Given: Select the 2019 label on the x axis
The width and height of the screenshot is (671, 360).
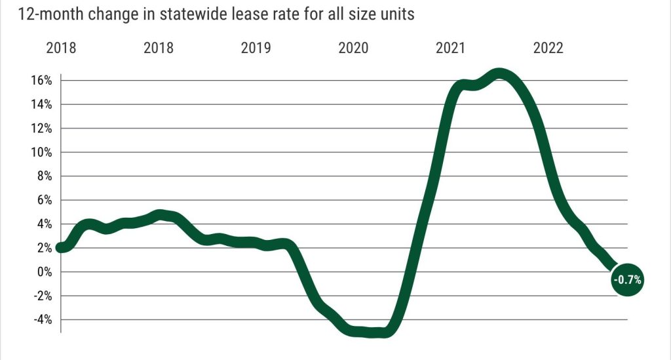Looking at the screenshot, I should click(256, 48).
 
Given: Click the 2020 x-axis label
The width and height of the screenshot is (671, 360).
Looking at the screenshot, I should click(354, 48).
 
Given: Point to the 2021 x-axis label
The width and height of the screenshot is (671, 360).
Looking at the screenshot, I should click(451, 48).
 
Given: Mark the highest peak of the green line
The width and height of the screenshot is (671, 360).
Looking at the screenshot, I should click(499, 75).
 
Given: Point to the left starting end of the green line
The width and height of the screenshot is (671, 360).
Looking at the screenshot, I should click(61, 247).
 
